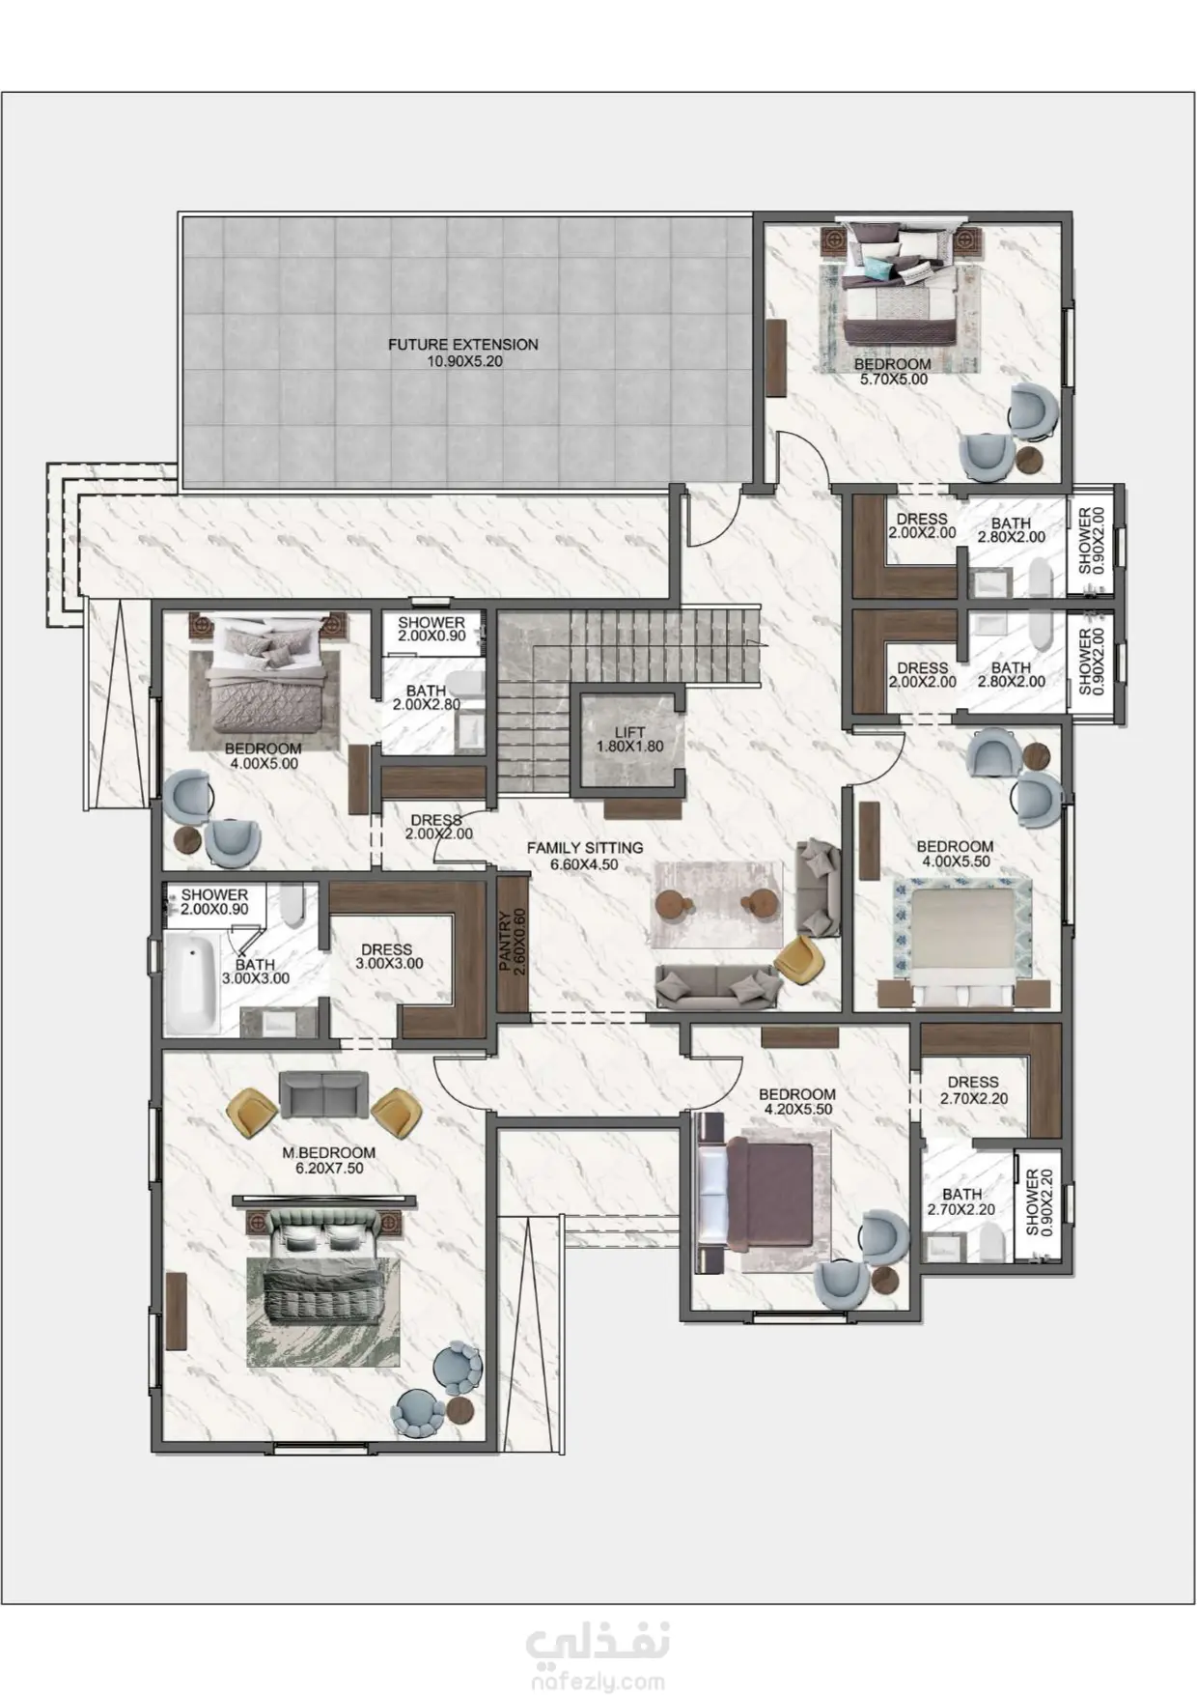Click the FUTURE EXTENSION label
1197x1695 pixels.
463,353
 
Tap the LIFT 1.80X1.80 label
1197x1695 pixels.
629,739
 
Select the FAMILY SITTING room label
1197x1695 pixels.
585,856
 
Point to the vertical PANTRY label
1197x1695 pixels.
512,942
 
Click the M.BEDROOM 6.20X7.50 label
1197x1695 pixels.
328,1160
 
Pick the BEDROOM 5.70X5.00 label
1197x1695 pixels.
893,372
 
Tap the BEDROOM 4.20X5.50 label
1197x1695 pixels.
797,1102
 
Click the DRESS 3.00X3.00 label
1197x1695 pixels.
387,956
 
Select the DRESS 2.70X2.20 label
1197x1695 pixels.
973,1090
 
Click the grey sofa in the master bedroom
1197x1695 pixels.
323,1095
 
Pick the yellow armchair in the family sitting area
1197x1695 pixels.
800,960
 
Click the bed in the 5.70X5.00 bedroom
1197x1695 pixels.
899,286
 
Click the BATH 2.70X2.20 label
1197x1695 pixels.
961,1201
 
